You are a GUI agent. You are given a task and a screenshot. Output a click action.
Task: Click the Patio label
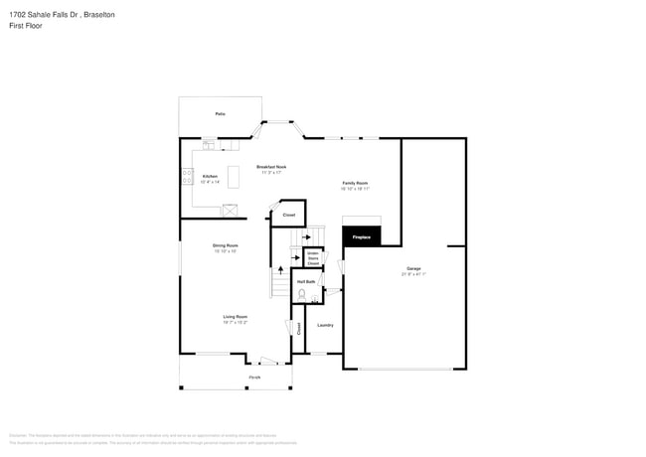pos(220,114)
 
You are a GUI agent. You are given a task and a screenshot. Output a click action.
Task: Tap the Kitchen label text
pos(210,176)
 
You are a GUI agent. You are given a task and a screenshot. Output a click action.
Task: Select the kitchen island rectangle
pos(234,177)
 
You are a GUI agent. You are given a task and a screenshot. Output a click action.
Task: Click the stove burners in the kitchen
pos(187,177)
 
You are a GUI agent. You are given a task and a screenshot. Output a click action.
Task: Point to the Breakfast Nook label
pos(271,167)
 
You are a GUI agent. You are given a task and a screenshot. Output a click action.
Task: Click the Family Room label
pos(355,184)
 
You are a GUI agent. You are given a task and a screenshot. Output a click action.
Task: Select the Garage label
pos(413,269)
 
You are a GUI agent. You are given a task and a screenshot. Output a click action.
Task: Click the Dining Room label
pos(225,245)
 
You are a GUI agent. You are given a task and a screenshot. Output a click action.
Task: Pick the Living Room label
pos(235,317)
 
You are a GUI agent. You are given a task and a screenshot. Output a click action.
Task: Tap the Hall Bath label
pos(306,282)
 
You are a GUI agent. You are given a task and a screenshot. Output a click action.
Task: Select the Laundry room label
pos(324,325)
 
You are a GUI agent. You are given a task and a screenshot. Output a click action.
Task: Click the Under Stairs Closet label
pos(312,257)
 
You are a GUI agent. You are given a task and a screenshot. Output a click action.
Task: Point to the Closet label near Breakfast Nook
pos(289,215)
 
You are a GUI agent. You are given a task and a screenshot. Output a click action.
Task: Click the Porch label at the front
pos(254,378)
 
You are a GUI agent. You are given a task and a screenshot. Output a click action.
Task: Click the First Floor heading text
pos(25,28)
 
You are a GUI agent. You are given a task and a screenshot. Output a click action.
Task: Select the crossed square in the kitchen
pos(231,209)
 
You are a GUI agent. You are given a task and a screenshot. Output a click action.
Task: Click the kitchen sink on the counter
pos(210,145)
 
